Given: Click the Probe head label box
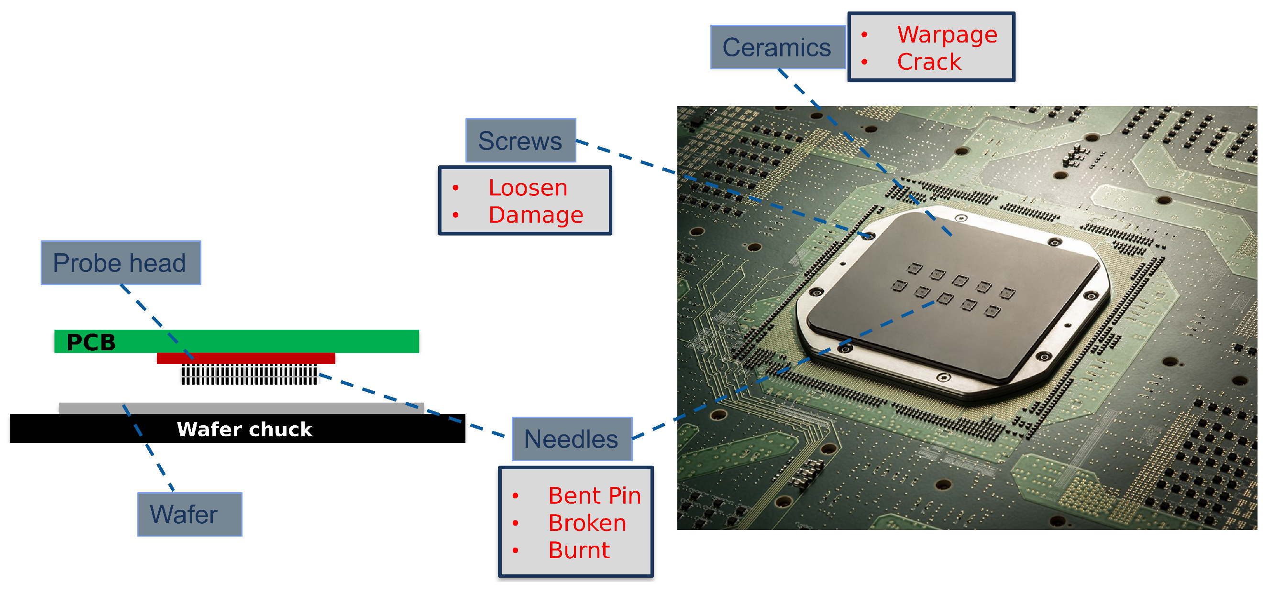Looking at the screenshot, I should click(121, 262).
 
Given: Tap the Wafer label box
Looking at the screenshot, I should click(190, 514).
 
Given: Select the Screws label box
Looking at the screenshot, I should click(521, 140).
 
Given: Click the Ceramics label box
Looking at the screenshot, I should click(777, 47).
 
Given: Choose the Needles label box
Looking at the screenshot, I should click(572, 439).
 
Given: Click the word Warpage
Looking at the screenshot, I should click(947, 34).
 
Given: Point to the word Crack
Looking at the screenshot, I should click(928, 62).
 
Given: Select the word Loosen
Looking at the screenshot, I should click(528, 187).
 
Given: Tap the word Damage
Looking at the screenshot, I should click(535, 215).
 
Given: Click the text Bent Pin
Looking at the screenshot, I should click(594, 495).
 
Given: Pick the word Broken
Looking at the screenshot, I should click(587, 523).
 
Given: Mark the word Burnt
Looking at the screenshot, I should click(579, 550).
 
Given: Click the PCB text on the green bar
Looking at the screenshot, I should click(91, 342).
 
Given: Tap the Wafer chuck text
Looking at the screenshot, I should click(244, 429).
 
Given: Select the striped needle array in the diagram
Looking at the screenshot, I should click(249, 375).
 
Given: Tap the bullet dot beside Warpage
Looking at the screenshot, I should click(864, 34).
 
